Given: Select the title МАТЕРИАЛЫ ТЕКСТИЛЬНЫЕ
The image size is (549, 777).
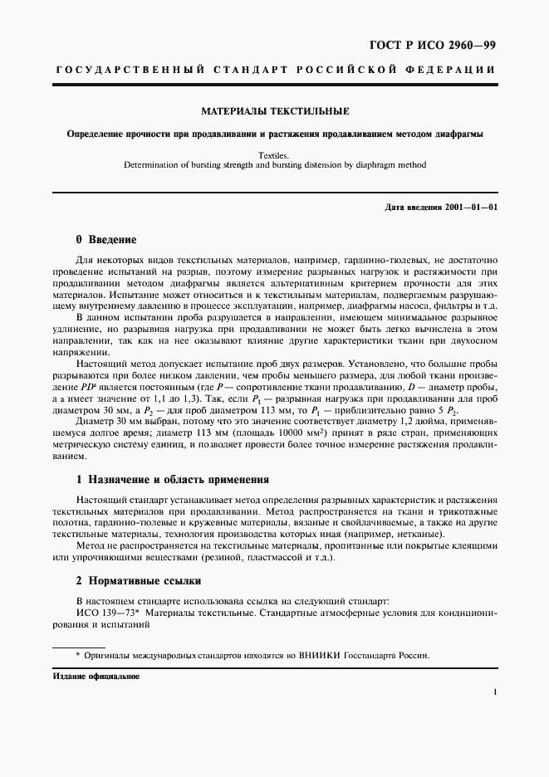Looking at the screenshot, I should [275, 110].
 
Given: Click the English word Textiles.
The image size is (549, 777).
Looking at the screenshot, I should [275, 154].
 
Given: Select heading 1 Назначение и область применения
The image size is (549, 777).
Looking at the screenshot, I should [173, 480].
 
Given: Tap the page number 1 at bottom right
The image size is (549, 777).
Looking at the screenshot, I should [495, 691].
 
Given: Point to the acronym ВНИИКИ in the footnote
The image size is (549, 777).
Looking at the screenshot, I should [331, 655].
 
